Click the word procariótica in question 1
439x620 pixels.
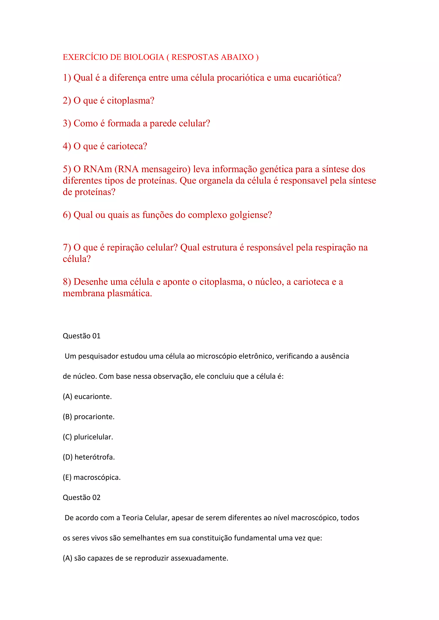(240, 78)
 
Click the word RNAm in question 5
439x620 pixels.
(98, 169)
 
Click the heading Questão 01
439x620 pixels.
(82, 336)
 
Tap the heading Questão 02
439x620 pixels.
(82, 497)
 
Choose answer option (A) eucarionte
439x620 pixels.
(87, 397)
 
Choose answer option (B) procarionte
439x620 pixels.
(88, 417)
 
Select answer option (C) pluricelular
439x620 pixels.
(88, 437)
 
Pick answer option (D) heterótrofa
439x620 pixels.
(89, 457)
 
